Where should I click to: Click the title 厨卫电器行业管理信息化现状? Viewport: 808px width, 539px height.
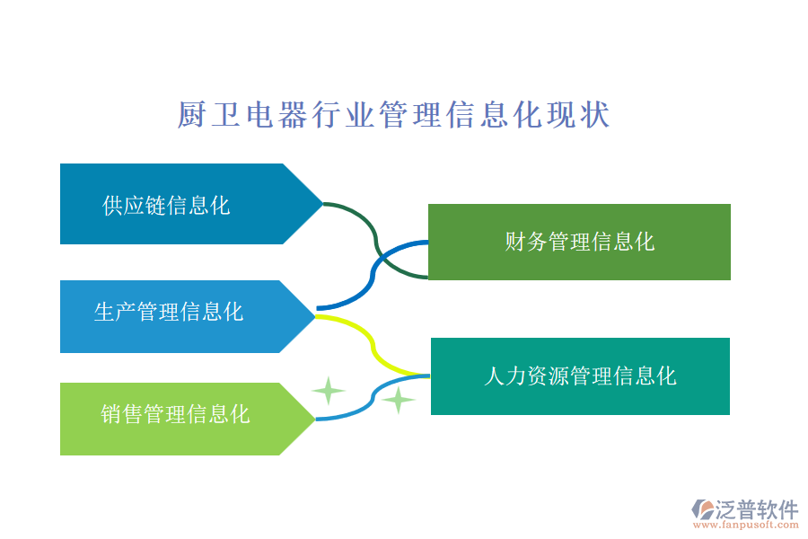point(393,116)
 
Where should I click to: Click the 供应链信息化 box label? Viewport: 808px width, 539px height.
point(166,205)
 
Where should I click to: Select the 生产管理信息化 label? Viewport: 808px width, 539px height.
point(169,312)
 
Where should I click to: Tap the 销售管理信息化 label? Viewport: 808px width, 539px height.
point(175,413)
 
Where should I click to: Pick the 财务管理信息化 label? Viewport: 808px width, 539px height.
point(579,241)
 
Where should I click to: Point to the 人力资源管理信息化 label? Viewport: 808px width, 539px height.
point(580,376)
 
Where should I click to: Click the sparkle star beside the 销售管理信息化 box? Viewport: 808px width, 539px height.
point(328,391)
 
